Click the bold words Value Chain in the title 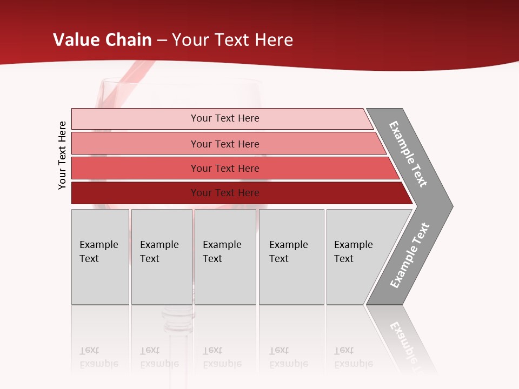[x=103, y=40]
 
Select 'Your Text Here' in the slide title [x=232, y=40]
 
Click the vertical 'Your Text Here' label [x=62, y=155]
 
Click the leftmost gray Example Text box [x=100, y=257]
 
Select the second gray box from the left [x=162, y=257]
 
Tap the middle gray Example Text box [x=225, y=257]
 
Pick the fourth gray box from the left [x=291, y=257]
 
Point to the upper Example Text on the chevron [x=408, y=154]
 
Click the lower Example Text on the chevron [x=410, y=255]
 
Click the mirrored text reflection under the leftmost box [x=99, y=357]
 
